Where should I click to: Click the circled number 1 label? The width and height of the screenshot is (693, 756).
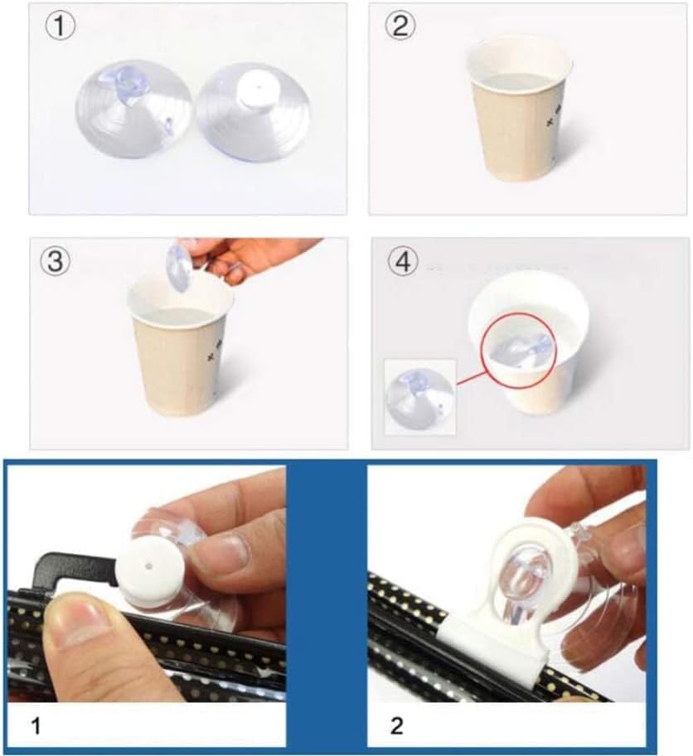61,27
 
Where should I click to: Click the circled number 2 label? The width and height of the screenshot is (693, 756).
400,27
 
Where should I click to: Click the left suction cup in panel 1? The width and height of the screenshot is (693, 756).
133,112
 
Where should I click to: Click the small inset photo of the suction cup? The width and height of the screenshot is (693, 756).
420,396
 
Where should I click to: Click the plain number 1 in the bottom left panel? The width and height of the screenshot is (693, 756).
36,727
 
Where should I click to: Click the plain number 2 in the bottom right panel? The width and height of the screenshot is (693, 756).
396,727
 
